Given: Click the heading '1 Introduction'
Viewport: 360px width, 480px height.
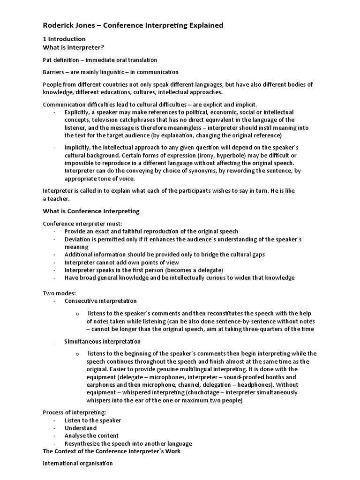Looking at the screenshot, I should [64, 39].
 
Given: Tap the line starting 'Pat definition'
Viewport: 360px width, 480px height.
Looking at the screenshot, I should [100, 60].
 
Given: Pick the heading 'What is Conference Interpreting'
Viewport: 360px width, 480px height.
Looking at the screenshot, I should [91, 211].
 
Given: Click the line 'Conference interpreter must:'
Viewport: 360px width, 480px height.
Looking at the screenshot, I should [82, 224].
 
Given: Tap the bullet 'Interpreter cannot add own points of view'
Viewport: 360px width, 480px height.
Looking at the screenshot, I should [122, 262].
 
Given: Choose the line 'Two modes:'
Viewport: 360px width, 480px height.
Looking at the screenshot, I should [56, 292].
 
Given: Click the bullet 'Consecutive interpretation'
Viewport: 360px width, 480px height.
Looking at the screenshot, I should [101, 300].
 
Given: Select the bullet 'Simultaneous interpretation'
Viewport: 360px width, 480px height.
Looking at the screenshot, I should [102, 341].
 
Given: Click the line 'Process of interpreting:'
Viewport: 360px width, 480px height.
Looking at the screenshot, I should [74, 412].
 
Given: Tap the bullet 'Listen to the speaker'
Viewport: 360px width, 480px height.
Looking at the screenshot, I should [93, 420].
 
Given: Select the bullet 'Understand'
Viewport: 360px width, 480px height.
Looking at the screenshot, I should [81, 428].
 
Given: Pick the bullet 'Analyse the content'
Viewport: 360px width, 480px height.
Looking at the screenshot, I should [91, 435].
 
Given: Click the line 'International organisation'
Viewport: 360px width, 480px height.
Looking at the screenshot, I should [78, 463].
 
